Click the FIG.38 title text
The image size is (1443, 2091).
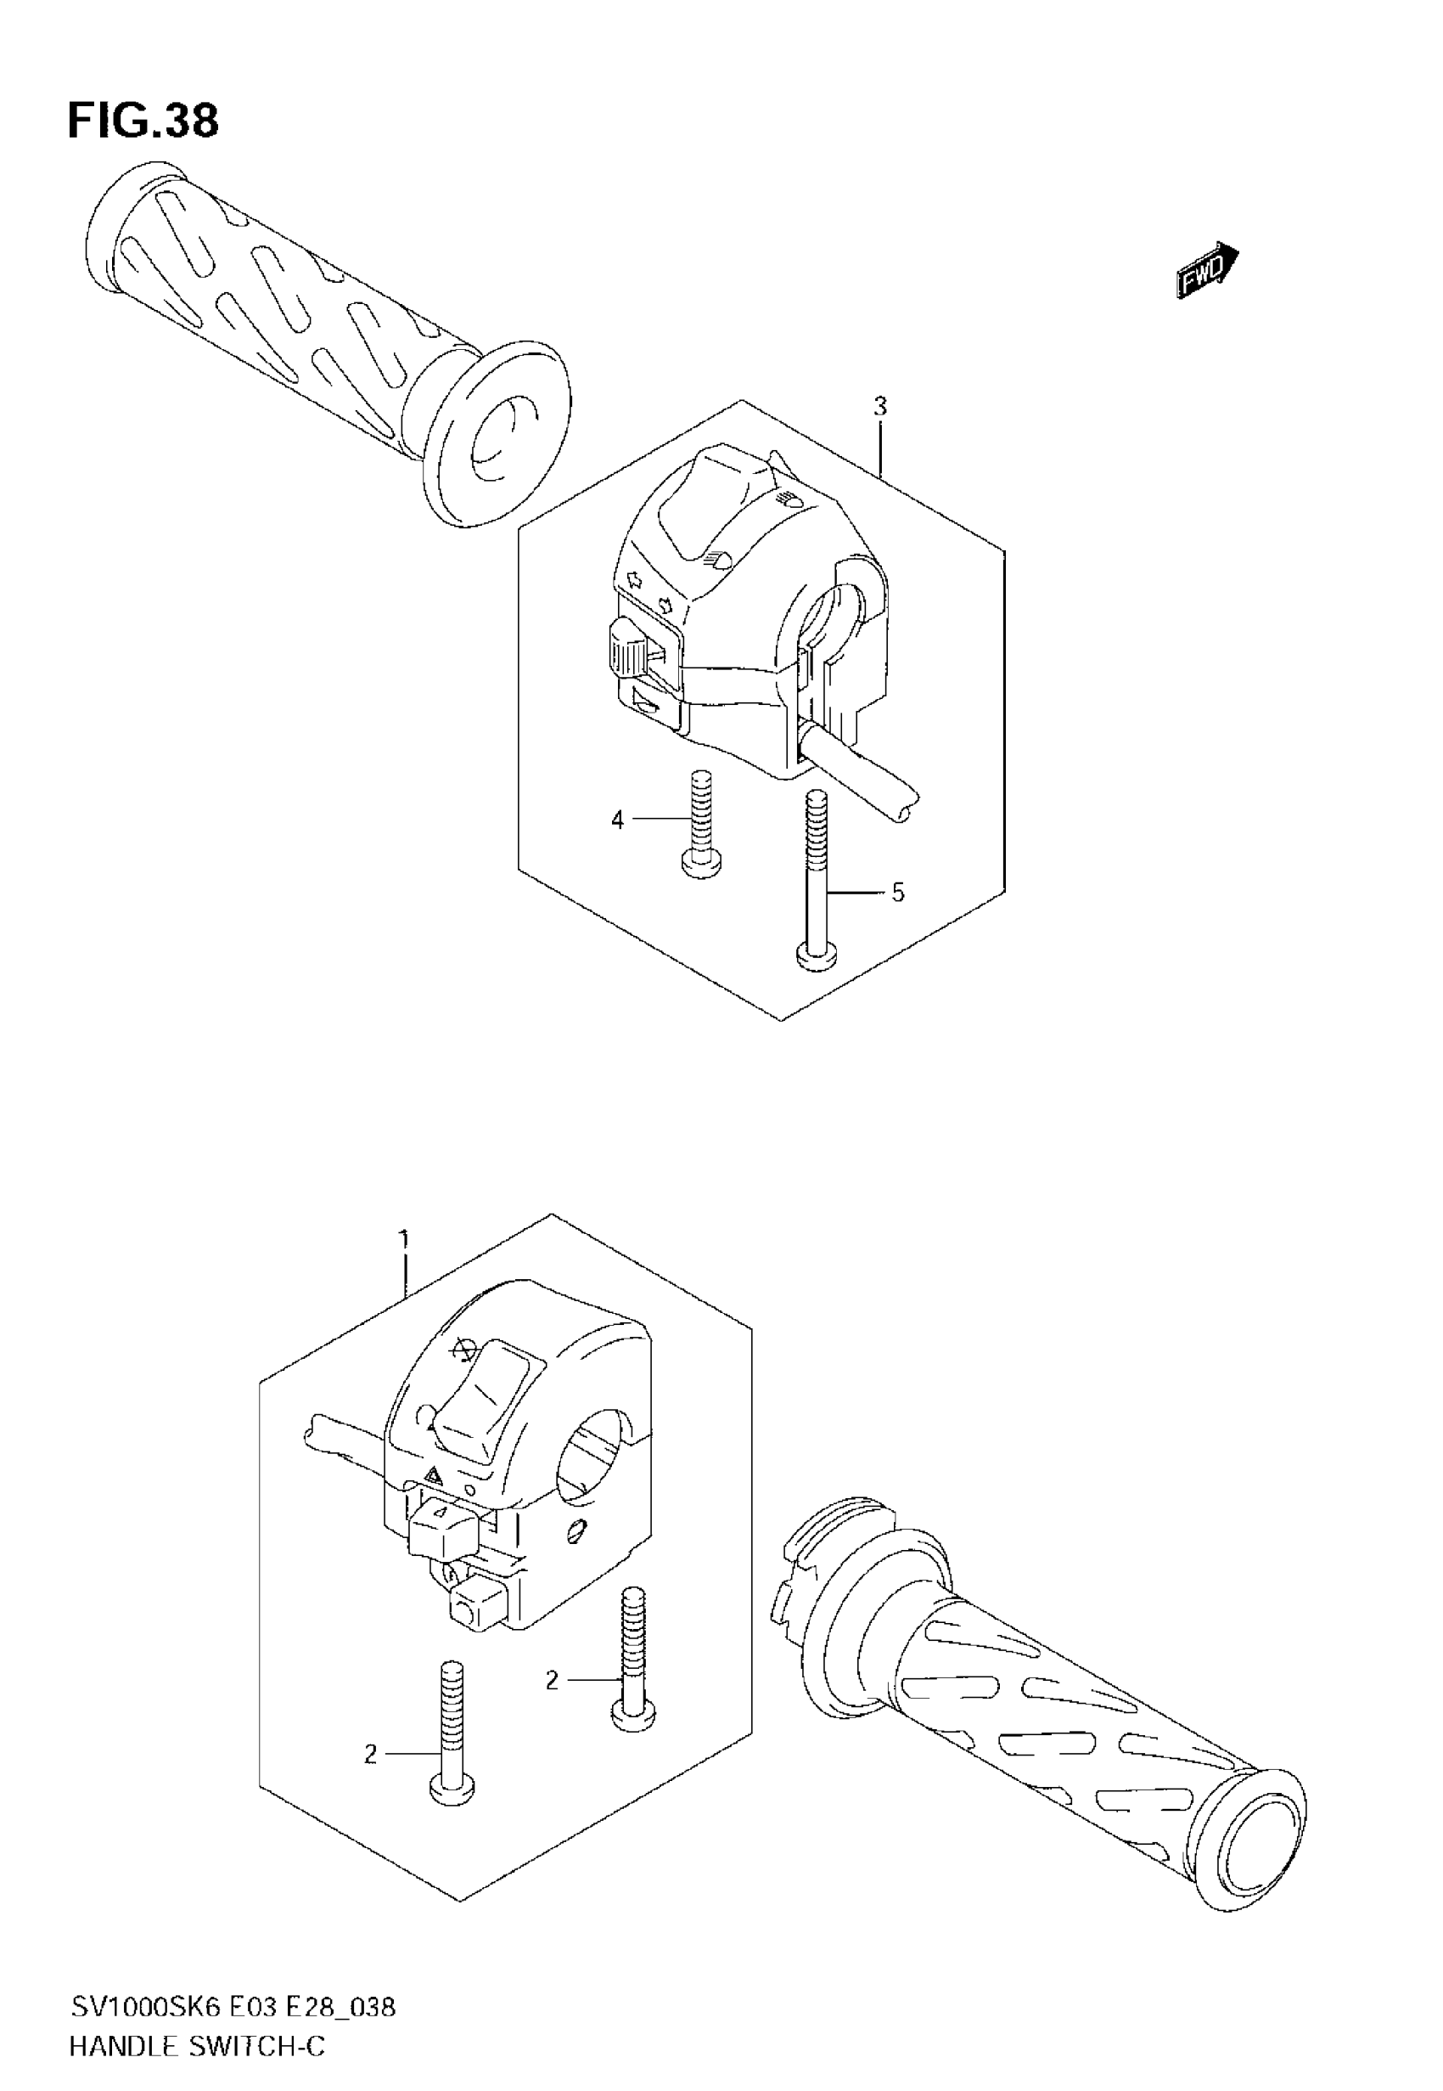point(143,121)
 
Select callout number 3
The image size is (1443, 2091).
point(879,407)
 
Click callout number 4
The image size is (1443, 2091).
point(618,820)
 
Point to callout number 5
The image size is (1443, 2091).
point(897,893)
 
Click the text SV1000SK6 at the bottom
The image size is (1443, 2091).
point(144,2003)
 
